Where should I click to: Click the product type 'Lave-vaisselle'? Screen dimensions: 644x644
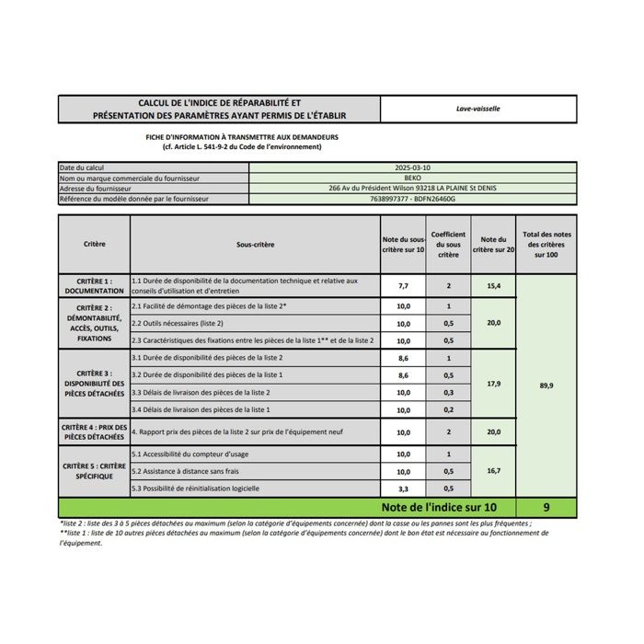(477, 109)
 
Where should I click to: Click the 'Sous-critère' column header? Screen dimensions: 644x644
(255, 245)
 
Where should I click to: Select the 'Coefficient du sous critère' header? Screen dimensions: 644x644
(448, 245)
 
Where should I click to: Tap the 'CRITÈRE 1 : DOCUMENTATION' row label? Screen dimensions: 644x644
(94, 286)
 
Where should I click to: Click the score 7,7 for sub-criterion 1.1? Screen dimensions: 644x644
(403, 286)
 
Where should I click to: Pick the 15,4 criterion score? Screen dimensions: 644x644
(493, 286)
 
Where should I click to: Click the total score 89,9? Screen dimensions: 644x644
(546, 385)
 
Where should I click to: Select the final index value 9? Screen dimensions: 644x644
(546, 507)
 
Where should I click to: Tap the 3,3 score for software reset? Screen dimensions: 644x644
(403, 488)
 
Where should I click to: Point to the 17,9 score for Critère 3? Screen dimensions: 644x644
(493, 383)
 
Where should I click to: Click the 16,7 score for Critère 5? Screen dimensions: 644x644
(493, 470)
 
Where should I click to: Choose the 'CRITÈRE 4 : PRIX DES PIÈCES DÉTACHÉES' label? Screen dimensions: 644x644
(94, 431)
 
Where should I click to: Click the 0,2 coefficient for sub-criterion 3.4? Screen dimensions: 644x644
(448, 409)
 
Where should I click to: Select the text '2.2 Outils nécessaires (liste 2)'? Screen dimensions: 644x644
(178, 323)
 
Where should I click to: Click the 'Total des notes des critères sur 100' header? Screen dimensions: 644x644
(546, 245)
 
